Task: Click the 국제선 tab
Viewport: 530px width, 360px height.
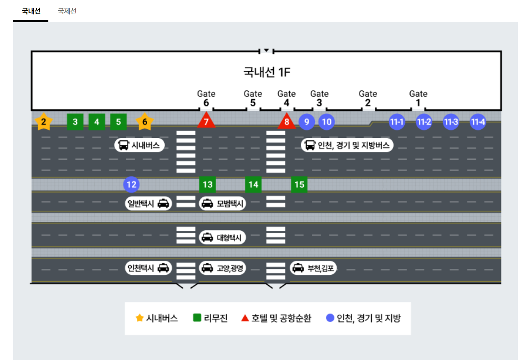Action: click(67, 11)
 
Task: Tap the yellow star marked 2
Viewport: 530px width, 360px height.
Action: click(44, 122)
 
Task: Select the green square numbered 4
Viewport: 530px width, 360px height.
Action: click(97, 122)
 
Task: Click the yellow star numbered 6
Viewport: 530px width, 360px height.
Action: click(145, 122)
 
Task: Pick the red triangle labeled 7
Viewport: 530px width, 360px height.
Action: click(206, 122)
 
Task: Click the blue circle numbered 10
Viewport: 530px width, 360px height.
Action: click(326, 122)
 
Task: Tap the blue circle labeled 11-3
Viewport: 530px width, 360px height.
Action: click(451, 122)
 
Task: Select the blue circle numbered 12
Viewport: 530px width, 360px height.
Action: click(131, 184)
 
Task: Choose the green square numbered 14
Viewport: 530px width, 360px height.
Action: click(253, 184)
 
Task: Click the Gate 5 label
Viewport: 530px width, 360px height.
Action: click(253, 98)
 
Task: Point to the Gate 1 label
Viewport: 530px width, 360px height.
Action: click(418, 98)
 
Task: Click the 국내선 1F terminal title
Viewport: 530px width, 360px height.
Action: click(266, 72)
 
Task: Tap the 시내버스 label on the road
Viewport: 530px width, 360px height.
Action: click(140, 145)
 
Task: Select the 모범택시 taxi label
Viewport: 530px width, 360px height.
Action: click(222, 204)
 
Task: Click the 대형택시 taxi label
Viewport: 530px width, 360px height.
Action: click(222, 237)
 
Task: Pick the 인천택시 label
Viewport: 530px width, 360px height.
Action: click(148, 268)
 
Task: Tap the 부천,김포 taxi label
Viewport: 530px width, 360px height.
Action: click(314, 268)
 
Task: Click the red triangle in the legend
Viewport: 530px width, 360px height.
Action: click(245, 318)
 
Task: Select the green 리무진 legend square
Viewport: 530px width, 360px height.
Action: click(197, 318)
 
